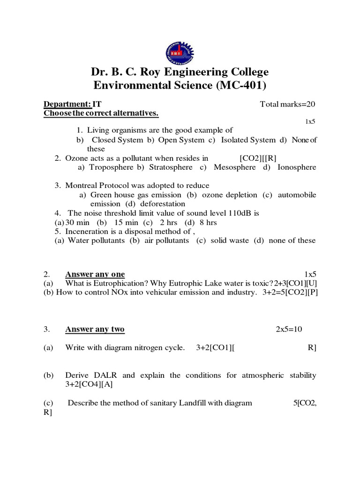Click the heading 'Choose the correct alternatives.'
(x=101, y=113)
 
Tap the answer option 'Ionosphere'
(x=297, y=167)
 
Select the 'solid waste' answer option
(x=230, y=240)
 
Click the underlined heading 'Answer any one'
(x=95, y=274)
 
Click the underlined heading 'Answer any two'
(x=95, y=330)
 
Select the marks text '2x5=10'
(x=289, y=330)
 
